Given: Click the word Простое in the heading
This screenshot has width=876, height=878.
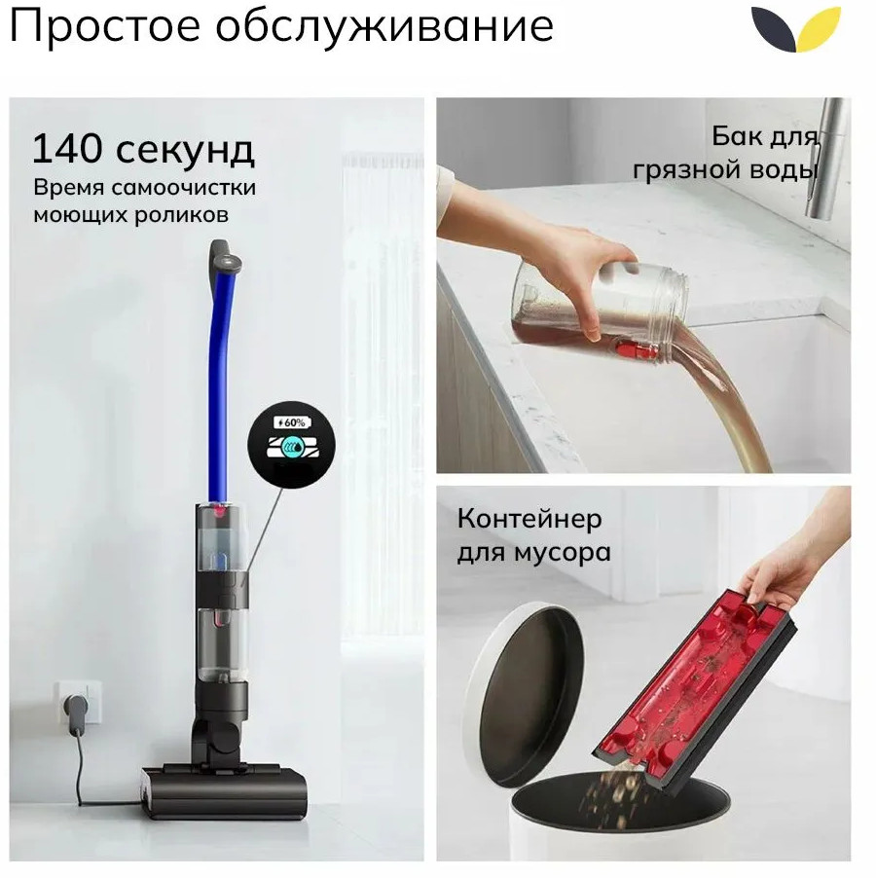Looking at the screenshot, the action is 105,26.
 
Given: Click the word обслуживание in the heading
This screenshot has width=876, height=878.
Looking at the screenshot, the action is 385,27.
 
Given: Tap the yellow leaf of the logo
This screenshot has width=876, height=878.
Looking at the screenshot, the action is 818,29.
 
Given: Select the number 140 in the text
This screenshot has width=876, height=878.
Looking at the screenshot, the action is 68,148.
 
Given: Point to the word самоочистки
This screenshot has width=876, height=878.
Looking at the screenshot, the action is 184,188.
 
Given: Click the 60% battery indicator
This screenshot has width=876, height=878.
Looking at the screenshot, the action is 292,422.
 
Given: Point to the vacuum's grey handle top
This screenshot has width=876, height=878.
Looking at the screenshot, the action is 225,256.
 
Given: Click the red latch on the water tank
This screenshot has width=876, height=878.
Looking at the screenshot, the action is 639,351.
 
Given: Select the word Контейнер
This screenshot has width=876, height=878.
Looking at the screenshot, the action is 529,518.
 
